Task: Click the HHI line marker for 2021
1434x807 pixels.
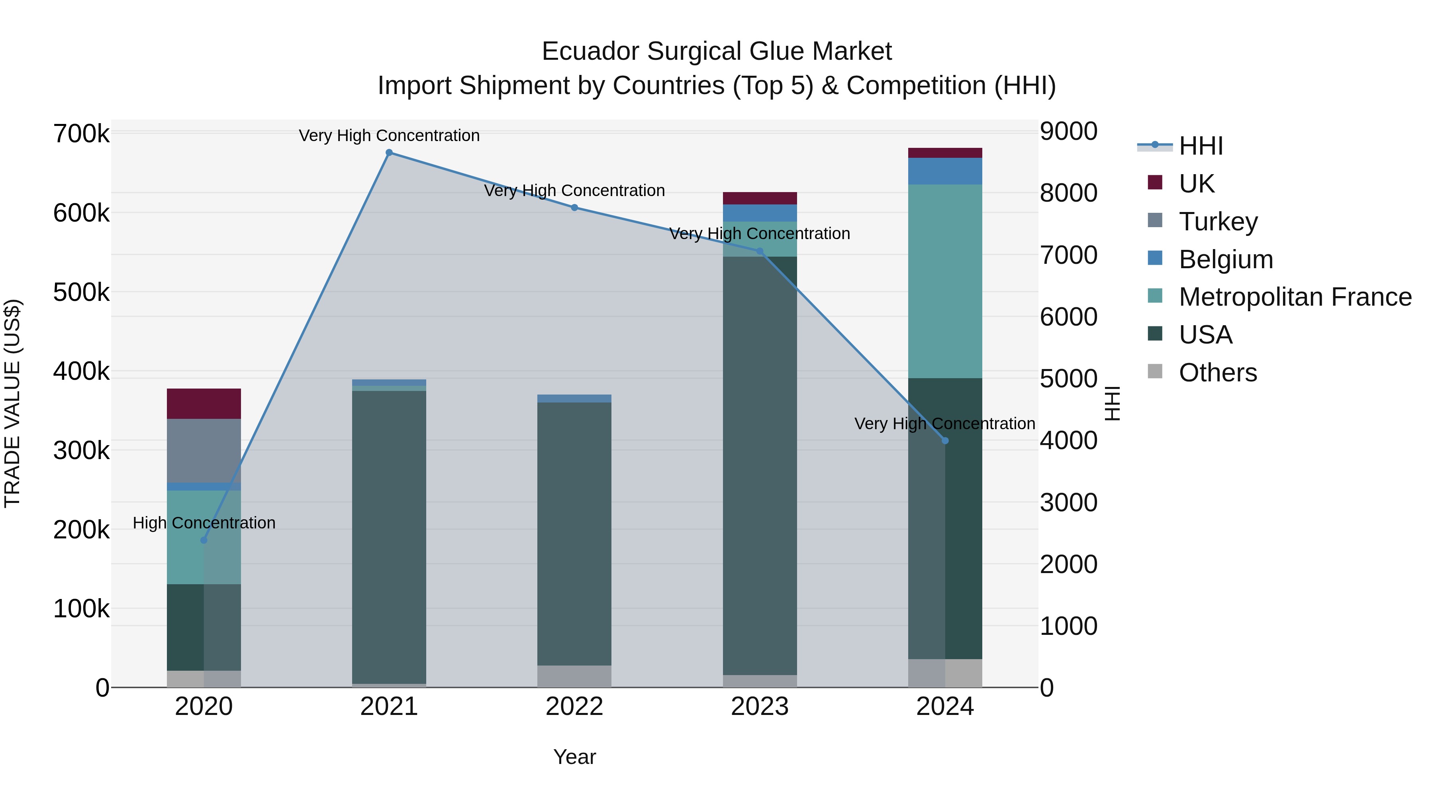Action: tap(389, 153)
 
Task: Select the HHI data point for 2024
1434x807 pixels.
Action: tap(945, 440)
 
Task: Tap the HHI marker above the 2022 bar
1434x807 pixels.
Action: tap(574, 208)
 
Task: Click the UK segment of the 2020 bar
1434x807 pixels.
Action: tap(204, 404)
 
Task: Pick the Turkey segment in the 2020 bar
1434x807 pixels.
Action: tap(204, 451)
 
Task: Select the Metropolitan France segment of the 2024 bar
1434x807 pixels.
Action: tap(945, 281)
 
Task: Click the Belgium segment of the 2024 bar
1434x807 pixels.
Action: tap(945, 171)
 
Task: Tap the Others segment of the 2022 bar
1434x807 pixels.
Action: tap(574, 676)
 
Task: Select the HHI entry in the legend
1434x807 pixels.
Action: tap(1200, 146)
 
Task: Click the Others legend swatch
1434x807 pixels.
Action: tap(1155, 371)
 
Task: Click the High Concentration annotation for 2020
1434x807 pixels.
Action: tap(204, 523)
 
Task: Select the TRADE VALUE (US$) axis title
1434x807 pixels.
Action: tap(13, 403)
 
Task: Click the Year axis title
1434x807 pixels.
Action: tap(574, 757)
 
